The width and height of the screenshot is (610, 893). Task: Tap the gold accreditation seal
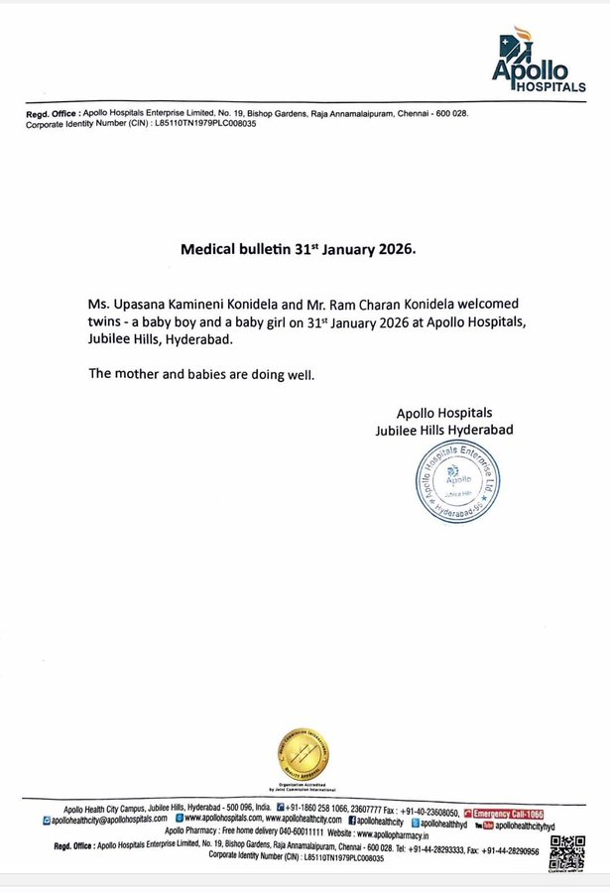(302, 753)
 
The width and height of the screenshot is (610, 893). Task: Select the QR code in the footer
(567, 852)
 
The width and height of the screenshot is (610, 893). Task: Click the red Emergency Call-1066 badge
(503, 813)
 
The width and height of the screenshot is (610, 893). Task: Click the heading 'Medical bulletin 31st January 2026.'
(298, 250)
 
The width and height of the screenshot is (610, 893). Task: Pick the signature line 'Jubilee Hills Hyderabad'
(443, 430)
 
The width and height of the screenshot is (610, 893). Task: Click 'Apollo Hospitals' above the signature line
(443, 413)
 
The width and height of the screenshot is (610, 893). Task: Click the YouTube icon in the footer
(484, 826)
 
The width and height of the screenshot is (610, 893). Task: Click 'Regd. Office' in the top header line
(45, 114)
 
